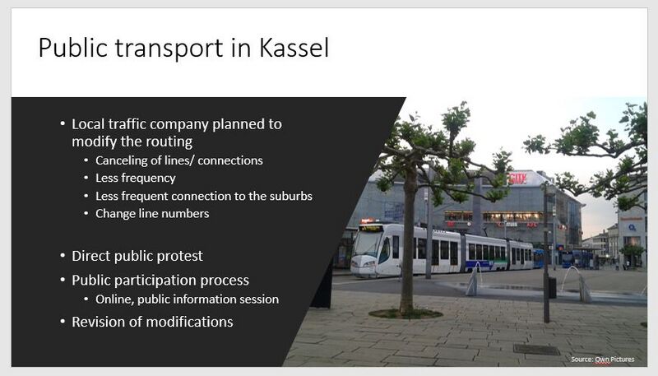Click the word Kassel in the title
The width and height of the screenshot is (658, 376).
pyautogui.click(x=294, y=48)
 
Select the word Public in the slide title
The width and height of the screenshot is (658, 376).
pyautogui.click(x=73, y=48)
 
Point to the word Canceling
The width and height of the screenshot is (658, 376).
pyautogui.click(x=121, y=160)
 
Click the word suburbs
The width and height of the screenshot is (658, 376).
pyautogui.click(x=290, y=196)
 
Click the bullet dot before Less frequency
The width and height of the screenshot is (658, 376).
pyautogui.click(x=86, y=178)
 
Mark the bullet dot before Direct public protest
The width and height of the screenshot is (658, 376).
pyautogui.click(x=63, y=256)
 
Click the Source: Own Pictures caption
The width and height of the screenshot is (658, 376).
pyautogui.click(x=603, y=360)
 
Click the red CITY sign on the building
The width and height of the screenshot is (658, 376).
pyautogui.click(x=517, y=179)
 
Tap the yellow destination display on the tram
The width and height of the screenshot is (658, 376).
pyautogui.click(x=372, y=228)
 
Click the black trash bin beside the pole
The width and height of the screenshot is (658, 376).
pyautogui.click(x=552, y=287)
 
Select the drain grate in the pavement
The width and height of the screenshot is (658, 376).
pyautogui.click(x=536, y=349)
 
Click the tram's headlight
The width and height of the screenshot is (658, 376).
pyautogui.click(x=369, y=264)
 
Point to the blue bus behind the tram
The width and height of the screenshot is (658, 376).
pyautogui.click(x=574, y=258)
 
